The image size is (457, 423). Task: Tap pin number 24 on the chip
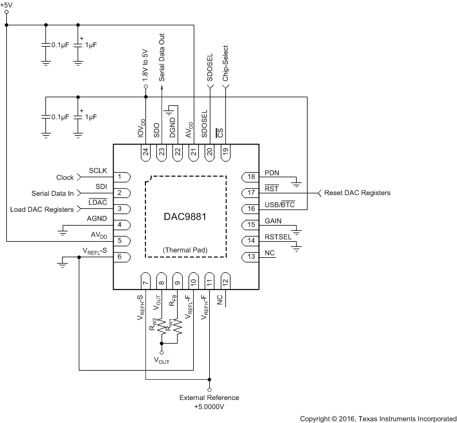tap(146, 152)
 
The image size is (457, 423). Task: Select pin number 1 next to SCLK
tap(119, 177)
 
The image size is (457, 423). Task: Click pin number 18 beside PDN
tap(251, 177)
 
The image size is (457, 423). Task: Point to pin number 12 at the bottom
tap(225, 282)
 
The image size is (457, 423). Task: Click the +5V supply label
tap(7, 5)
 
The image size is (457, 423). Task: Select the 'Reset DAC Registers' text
tap(357, 193)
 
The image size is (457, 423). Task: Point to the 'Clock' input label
tap(65, 177)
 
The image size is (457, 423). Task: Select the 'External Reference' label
tap(209, 398)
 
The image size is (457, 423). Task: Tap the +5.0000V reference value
tap(209, 406)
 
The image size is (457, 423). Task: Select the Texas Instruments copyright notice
tap(378, 418)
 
